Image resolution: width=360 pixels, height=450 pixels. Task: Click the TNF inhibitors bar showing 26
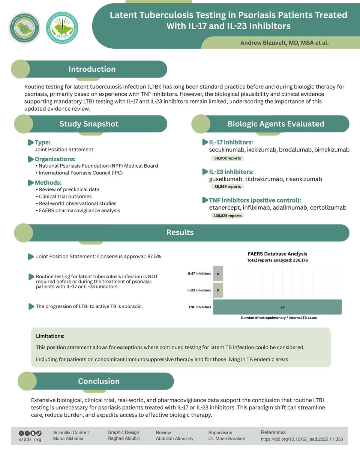tap(277, 307)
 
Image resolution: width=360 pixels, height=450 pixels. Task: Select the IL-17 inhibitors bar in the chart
tap(218, 273)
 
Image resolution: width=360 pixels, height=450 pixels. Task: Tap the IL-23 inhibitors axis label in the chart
tap(199, 290)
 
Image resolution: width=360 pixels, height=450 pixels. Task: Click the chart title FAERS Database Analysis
tap(277, 253)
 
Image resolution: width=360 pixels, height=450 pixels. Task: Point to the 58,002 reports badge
tap(228, 158)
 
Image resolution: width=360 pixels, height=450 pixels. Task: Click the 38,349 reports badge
tap(228, 186)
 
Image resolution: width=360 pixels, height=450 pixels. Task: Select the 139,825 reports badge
tap(228, 216)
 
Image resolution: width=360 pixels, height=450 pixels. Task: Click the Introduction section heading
tap(92, 69)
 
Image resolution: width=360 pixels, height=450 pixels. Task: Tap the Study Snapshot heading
tap(89, 124)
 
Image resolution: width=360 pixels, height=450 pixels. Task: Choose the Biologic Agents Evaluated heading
tap(276, 124)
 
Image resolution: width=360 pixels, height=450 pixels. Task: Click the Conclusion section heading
tap(99, 381)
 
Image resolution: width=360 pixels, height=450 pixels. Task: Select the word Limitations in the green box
tap(50, 336)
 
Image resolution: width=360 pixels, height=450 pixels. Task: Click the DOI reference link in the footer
tap(301, 439)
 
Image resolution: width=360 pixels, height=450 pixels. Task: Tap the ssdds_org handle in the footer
tap(30, 439)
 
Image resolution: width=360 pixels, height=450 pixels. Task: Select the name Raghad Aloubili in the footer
tap(123, 438)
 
